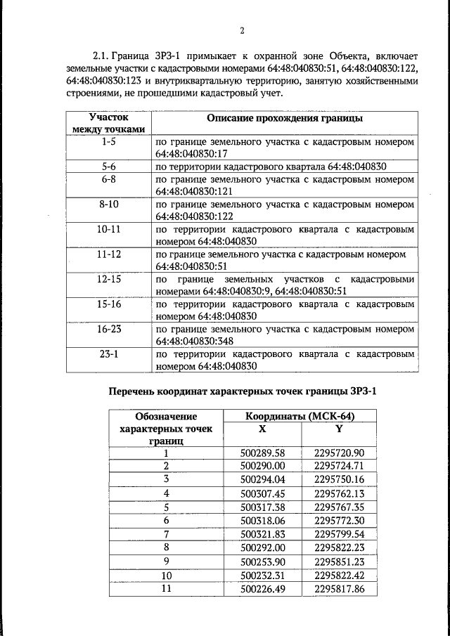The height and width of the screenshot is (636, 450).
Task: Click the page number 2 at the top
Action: (241, 30)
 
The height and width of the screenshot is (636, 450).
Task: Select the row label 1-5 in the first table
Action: (109, 142)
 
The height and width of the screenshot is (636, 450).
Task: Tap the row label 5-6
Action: (109, 167)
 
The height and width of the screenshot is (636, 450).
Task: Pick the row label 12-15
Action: (109, 279)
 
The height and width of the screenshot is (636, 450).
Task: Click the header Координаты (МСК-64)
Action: (300, 416)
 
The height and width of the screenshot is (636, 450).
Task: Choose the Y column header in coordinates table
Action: (339, 429)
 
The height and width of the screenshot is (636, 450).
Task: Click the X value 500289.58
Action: (262, 453)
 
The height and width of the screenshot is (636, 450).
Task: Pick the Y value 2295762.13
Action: (340, 493)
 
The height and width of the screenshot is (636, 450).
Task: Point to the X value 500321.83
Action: (262, 534)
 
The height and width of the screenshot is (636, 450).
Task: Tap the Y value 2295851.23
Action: (340, 561)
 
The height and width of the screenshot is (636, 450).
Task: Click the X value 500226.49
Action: (262, 588)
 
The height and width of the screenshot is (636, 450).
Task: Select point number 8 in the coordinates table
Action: (167, 547)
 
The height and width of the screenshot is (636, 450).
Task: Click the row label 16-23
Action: (109, 329)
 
